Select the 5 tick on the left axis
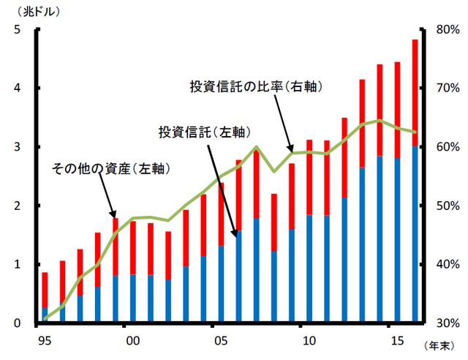pyautogui.click(x=17, y=30)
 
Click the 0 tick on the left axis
pyautogui.click(x=17, y=323)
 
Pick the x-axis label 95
pyautogui.click(x=45, y=340)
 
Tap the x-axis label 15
pyautogui.click(x=396, y=340)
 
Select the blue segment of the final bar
pyautogui.click(x=415, y=234)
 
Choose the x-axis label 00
pyautogui.click(x=132, y=340)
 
